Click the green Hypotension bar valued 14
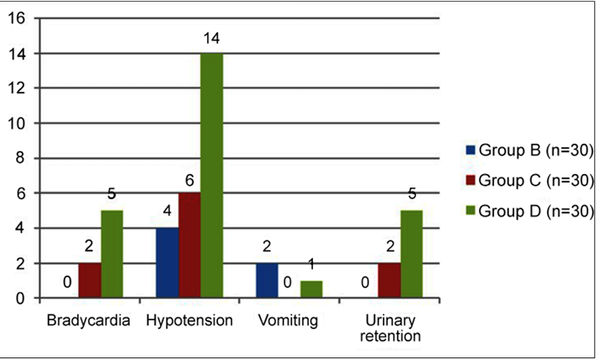(x=212, y=175)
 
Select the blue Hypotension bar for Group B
(x=167, y=262)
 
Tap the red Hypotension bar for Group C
(x=190, y=246)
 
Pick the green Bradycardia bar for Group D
(x=112, y=254)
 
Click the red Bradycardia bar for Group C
(x=90, y=280)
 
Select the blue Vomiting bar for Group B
(x=267, y=280)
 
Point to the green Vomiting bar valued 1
(x=311, y=289)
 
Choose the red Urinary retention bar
(x=389, y=280)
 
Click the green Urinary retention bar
(x=412, y=254)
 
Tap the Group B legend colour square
(x=470, y=150)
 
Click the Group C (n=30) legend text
(x=536, y=181)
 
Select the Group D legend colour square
(x=470, y=210)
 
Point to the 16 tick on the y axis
(x=17, y=19)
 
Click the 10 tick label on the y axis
(x=17, y=124)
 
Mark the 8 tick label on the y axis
(x=20, y=158)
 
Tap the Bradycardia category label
(x=88, y=320)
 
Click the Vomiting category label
(x=288, y=320)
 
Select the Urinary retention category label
(x=390, y=328)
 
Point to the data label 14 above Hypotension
(x=211, y=39)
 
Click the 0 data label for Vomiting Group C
(x=287, y=283)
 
